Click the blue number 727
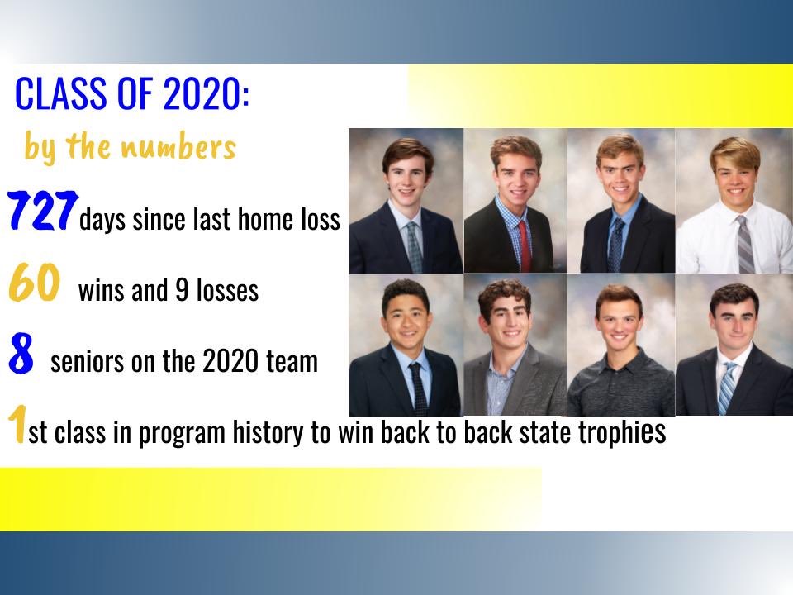[x=43, y=211]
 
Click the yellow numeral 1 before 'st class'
[x=16, y=425]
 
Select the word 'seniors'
[x=84, y=362]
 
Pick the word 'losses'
[x=227, y=291]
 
